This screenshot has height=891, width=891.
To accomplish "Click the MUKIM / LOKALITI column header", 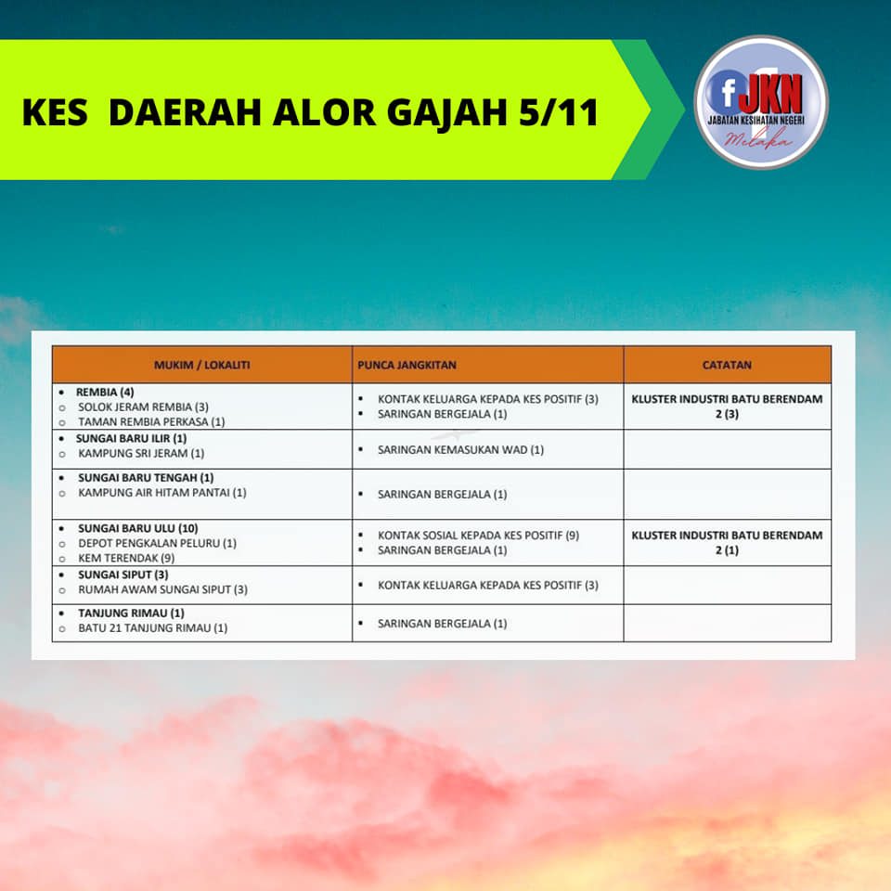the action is coord(201,365).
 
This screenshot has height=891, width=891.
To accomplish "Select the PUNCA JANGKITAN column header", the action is coord(407,365).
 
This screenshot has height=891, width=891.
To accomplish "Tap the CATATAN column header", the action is coord(727,365).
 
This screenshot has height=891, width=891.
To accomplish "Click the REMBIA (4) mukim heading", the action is coord(105,392).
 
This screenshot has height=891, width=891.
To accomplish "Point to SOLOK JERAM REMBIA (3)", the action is coord(143,407).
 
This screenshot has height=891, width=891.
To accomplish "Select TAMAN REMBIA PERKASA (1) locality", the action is coord(151,421).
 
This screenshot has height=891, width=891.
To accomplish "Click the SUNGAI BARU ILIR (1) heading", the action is coord(131,438).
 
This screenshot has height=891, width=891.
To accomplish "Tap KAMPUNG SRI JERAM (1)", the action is coord(141,453).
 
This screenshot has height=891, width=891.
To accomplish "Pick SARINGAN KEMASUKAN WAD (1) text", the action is coord(461,449).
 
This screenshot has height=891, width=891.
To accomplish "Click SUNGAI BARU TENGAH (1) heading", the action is coord(146,477).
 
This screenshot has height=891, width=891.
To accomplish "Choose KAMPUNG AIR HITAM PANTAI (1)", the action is coord(161,492).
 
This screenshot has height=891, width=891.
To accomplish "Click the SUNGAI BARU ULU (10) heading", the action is coord(138,528).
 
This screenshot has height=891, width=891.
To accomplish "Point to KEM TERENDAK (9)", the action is coord(126,558).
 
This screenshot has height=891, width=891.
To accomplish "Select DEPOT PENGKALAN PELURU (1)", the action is coord(158,543).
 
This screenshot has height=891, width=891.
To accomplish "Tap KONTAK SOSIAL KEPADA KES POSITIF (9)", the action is coord(479,536).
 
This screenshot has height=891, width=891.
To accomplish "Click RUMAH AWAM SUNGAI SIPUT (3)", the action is coord(162,589).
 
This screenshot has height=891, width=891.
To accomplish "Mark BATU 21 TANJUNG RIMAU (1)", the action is coord(153,627).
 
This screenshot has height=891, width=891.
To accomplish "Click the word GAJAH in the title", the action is coord(446,112).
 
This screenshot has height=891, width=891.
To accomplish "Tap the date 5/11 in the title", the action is coord(559,111).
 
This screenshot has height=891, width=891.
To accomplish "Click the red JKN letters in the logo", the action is coord(773,95).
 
